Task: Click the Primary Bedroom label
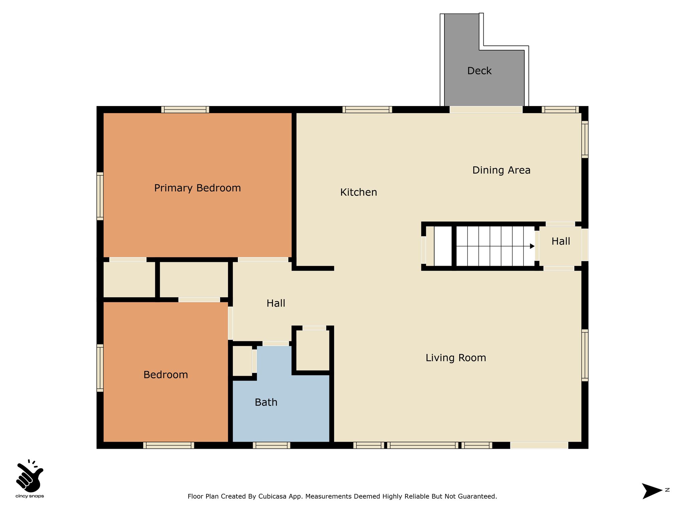coord(197,188)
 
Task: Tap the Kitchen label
coord(359,192)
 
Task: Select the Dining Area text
coord(501,170)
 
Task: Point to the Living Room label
coord(456,358)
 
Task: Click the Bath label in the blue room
coord(266,402)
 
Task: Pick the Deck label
coord(479,71)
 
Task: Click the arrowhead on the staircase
coord(532,246)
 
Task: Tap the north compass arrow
coord(652,491)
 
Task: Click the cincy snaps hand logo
coord(29,475)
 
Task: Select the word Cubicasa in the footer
coord(273,496)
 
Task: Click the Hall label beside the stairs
coord(561,241)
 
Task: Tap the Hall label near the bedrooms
coord(276,303)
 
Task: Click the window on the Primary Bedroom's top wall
coord(185,109)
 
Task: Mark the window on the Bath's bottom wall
coord(271,445)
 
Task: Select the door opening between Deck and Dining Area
coord(486,109)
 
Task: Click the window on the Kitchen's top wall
coord(367,109)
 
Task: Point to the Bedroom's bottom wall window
coord(169,445)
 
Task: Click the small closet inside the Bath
coord(242,361)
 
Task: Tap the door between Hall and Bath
coord(276,343)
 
